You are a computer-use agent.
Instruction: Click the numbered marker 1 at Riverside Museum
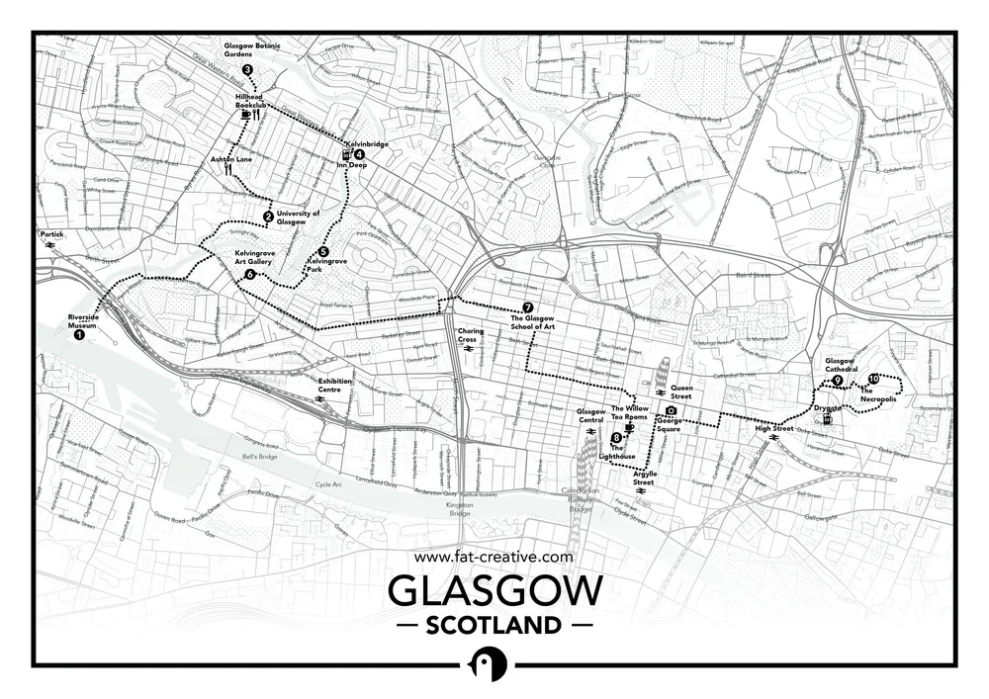click(x=79, y=335)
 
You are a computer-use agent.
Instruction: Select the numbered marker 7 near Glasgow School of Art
click(x=528, y=306)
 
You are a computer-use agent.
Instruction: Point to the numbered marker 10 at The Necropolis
click(x=873, y=379)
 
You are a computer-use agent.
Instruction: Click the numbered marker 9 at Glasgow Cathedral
click(x=837, y=381)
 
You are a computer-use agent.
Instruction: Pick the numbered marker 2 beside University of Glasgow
click(x=268, y=217)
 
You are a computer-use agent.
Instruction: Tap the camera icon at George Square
click(x=671, y=410)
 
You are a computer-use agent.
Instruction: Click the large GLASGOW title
click(x=494, y=591)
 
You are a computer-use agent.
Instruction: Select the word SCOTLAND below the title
click(x=494, y=625)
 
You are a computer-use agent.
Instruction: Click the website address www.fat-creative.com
click(x=494, y=557)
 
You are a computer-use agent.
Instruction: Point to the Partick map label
click(x=51, y=234)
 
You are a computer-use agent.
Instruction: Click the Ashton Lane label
click(x=230, y=158)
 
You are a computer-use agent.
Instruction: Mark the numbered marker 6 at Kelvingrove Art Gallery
click(x=250, y=274)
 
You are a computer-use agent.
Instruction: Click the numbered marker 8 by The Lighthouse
click(x=616, y=438)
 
